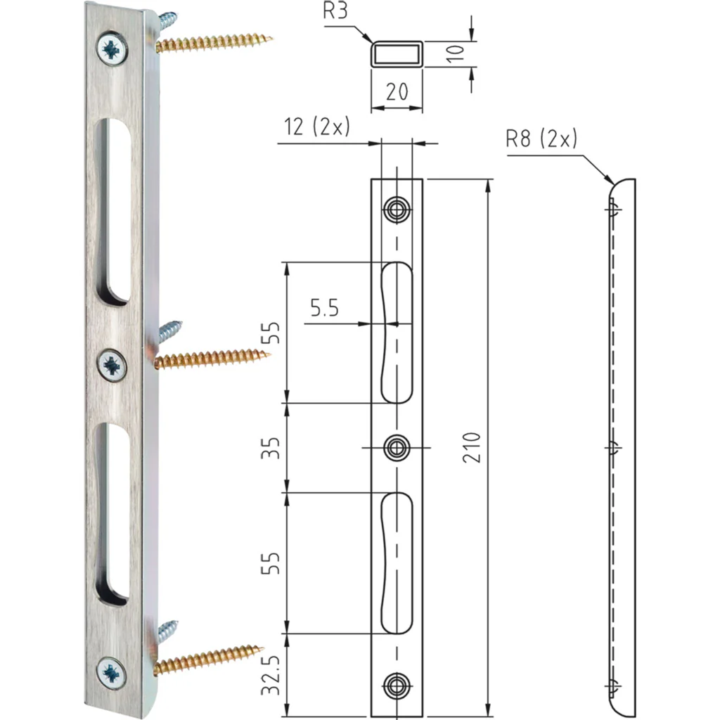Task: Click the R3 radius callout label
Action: [x=335, y=11]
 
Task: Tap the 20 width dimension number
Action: [x=397, y=92]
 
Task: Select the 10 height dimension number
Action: [x=456, y=53]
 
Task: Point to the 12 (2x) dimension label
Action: [x=317, y=127]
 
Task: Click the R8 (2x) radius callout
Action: [x=541, y=138]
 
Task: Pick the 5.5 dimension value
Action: [x=325, y=308]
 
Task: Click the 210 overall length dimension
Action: [x=472, y=447]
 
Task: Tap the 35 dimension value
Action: [x=271, y=448]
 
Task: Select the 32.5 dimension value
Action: [x=271, y=674]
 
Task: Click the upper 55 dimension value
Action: [x=271, y=333]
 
